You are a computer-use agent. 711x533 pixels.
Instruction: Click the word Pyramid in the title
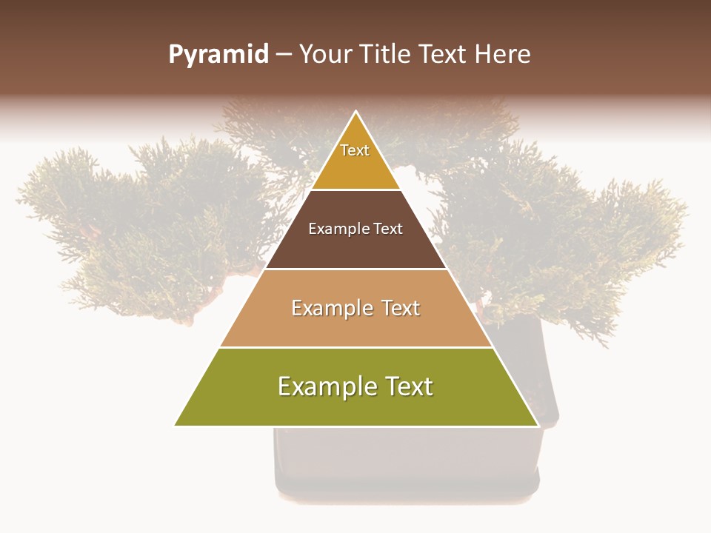(x=218, y=55)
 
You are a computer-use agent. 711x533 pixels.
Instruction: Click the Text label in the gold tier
(x=355, y=151)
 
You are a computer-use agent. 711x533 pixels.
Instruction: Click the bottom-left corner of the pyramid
(x=176, y=426)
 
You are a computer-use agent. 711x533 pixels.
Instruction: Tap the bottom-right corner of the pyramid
(x=538, y=426)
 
